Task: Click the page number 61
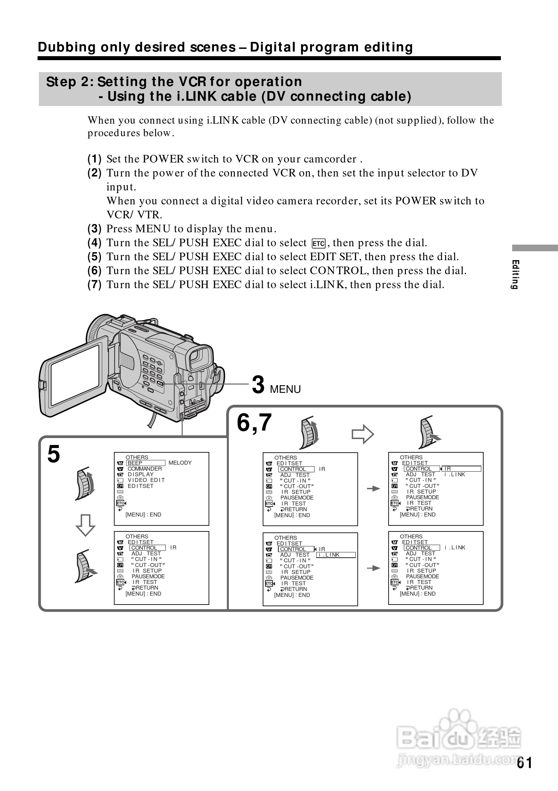524,763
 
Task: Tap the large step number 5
54,454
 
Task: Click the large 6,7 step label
254,423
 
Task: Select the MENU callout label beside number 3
285,389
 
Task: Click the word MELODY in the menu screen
180,463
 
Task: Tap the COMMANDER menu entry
144,469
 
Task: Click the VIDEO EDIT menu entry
146,480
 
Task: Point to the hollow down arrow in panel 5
85,525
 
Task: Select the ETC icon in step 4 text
319,244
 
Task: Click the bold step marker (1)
94,159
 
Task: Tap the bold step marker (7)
94,284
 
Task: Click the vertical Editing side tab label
515,274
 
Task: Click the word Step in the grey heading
61,82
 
